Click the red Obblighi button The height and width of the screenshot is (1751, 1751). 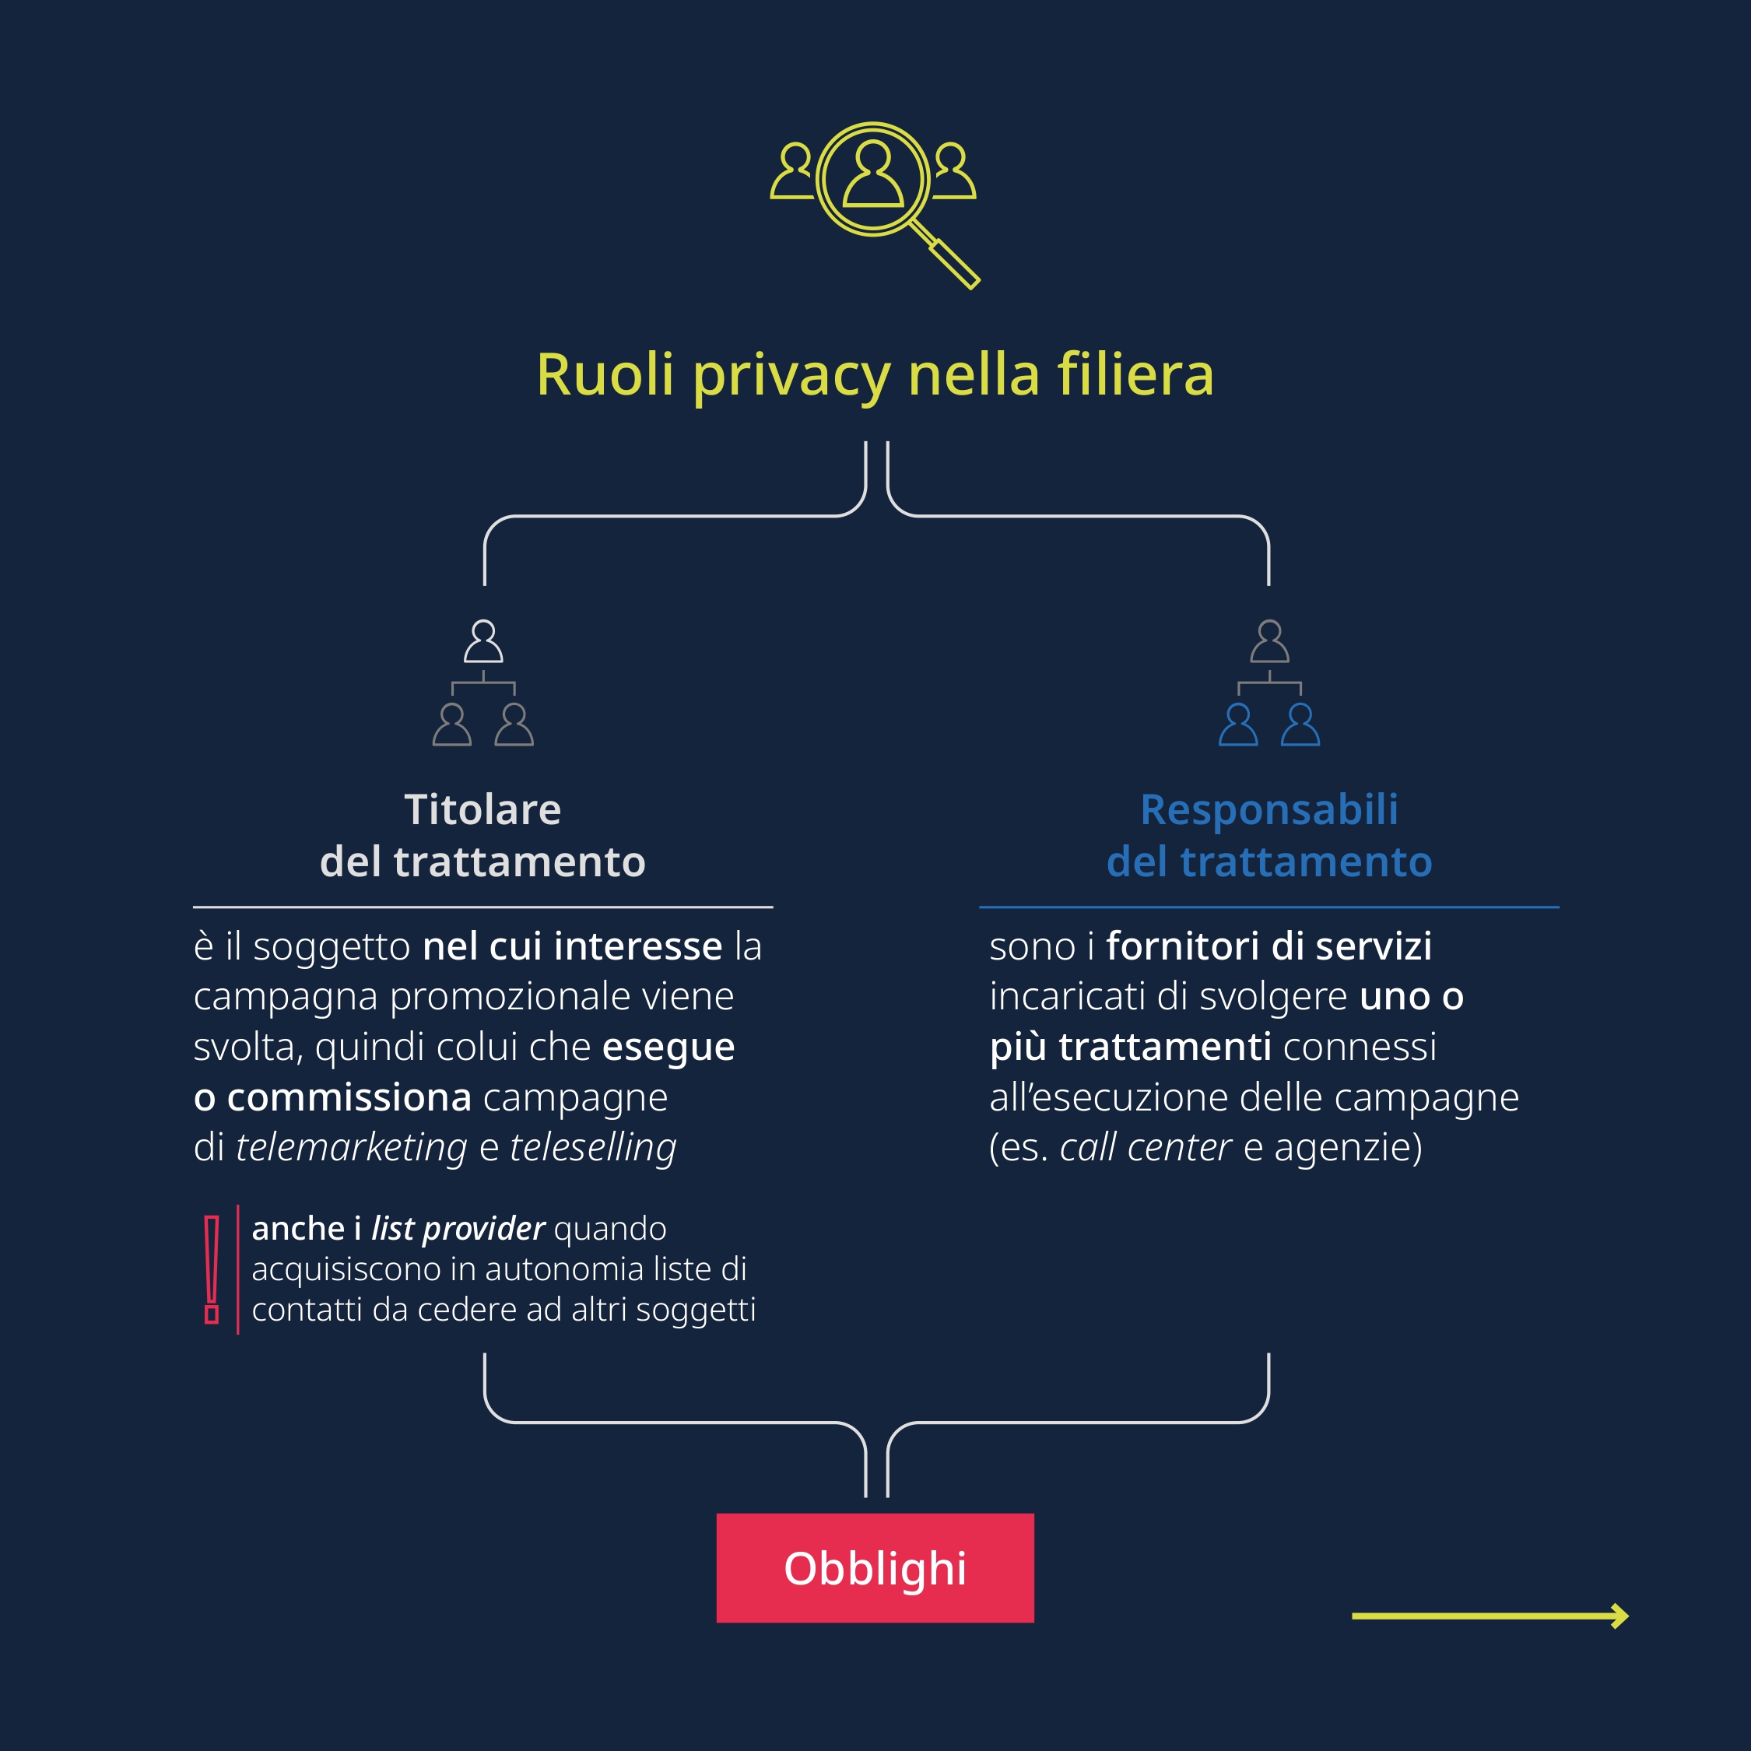[875, 1568]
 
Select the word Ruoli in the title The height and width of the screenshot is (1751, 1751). [605, 374]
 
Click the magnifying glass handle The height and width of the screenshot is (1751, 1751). [953, 263]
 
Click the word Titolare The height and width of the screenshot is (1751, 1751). [482, 809]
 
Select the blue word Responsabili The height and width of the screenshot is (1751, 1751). [1269, 809]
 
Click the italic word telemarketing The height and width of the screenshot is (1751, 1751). [351, 1147]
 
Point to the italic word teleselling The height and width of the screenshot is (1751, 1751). [593, 1147]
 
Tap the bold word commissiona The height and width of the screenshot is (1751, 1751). [349, 1097]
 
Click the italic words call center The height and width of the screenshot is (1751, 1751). [1146, 1147]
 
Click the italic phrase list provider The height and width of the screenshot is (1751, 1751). [458, 1229]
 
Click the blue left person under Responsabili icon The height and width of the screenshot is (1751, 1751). [1238, 725]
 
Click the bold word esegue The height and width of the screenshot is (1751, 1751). [668, 1047]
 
